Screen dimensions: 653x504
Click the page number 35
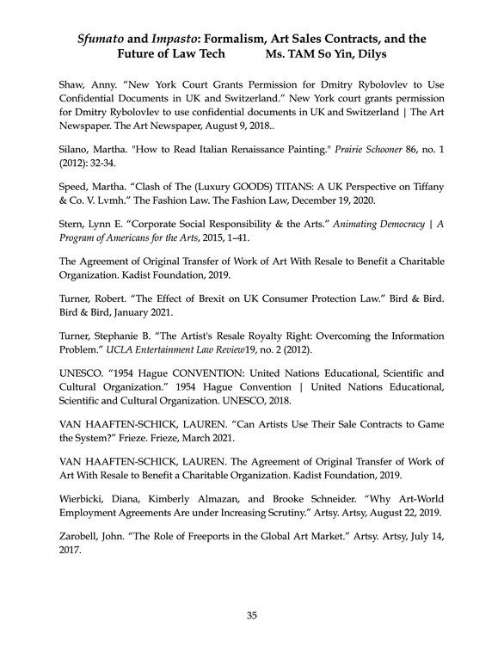click(252, 615)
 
